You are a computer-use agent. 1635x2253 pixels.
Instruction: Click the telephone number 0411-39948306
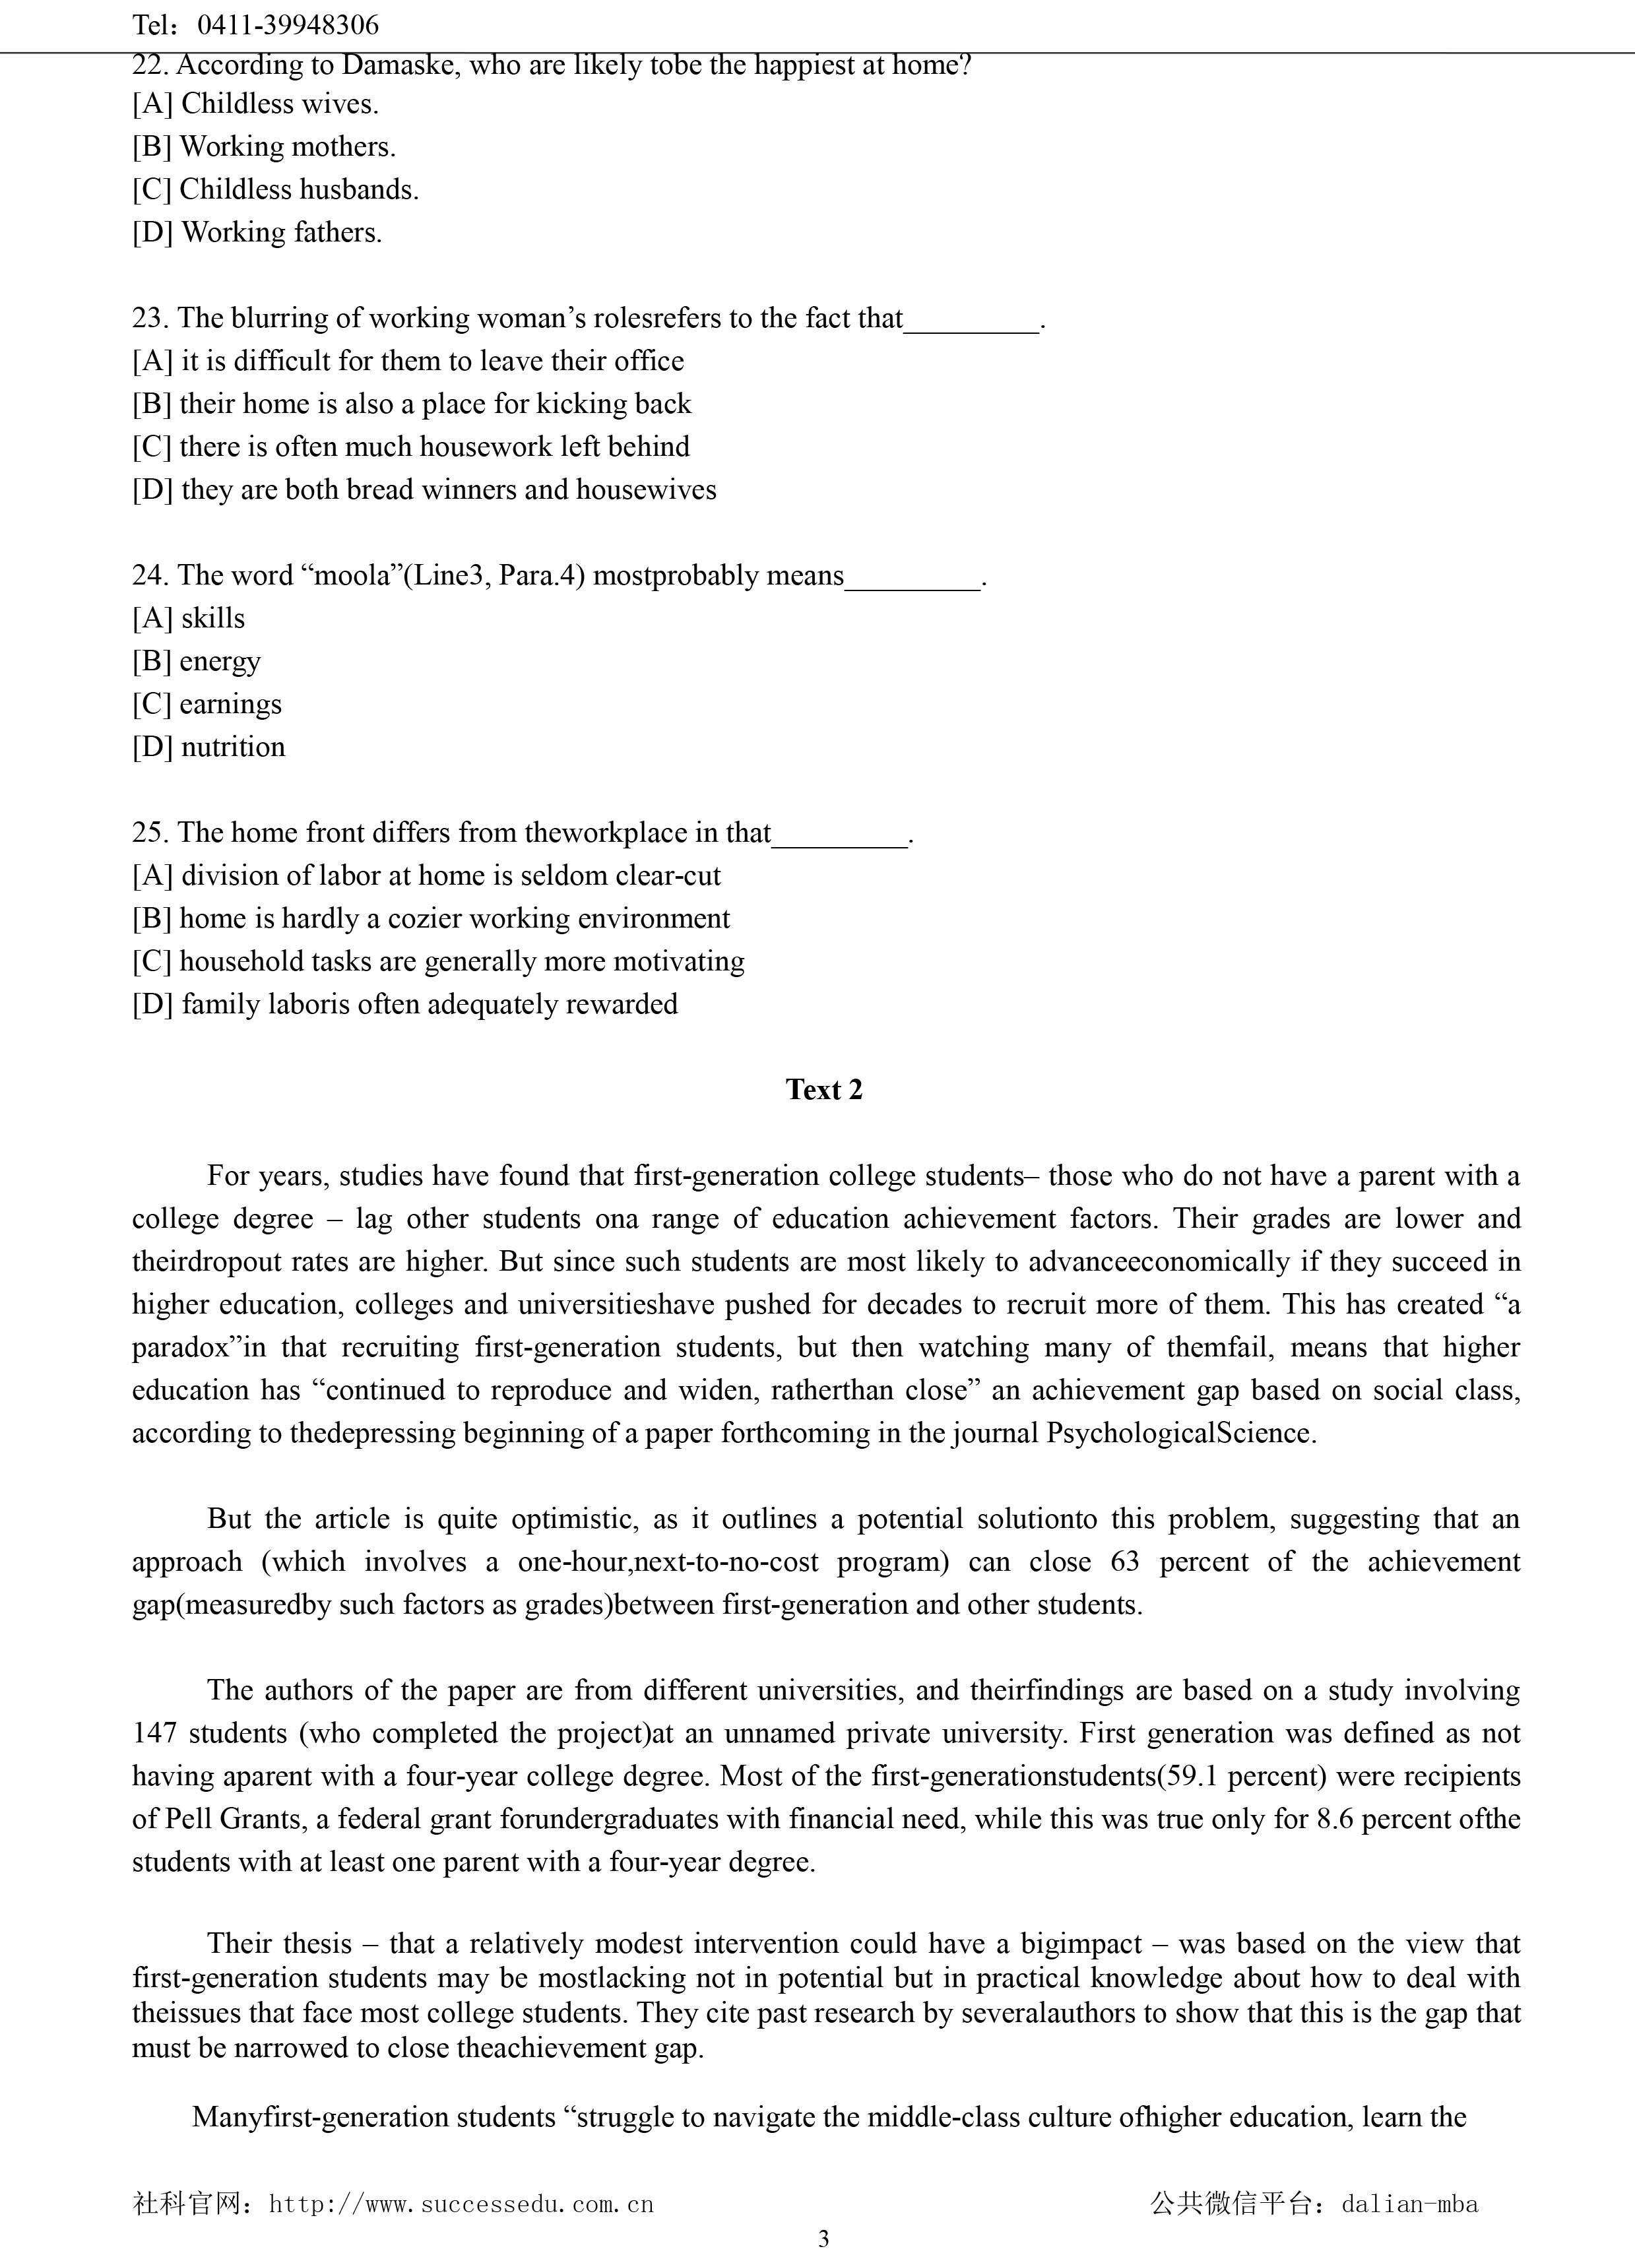click(x=288, y=25)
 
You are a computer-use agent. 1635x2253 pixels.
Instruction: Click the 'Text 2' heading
click(x=823, y=1090)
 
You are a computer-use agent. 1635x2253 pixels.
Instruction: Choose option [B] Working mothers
click(x=264, y=147)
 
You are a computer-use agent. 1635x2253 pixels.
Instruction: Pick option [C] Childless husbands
click(x=275, y=190)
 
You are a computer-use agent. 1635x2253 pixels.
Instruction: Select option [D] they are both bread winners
click(x=424, y=490)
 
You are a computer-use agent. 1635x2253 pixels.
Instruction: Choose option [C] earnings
click(x=207, y=705)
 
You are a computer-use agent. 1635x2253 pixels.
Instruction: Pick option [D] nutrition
click(x=208, y=747)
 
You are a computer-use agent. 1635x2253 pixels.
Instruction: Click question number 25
click(x=149, y=833)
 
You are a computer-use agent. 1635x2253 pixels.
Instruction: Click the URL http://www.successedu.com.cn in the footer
click(x=461, y=2204)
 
